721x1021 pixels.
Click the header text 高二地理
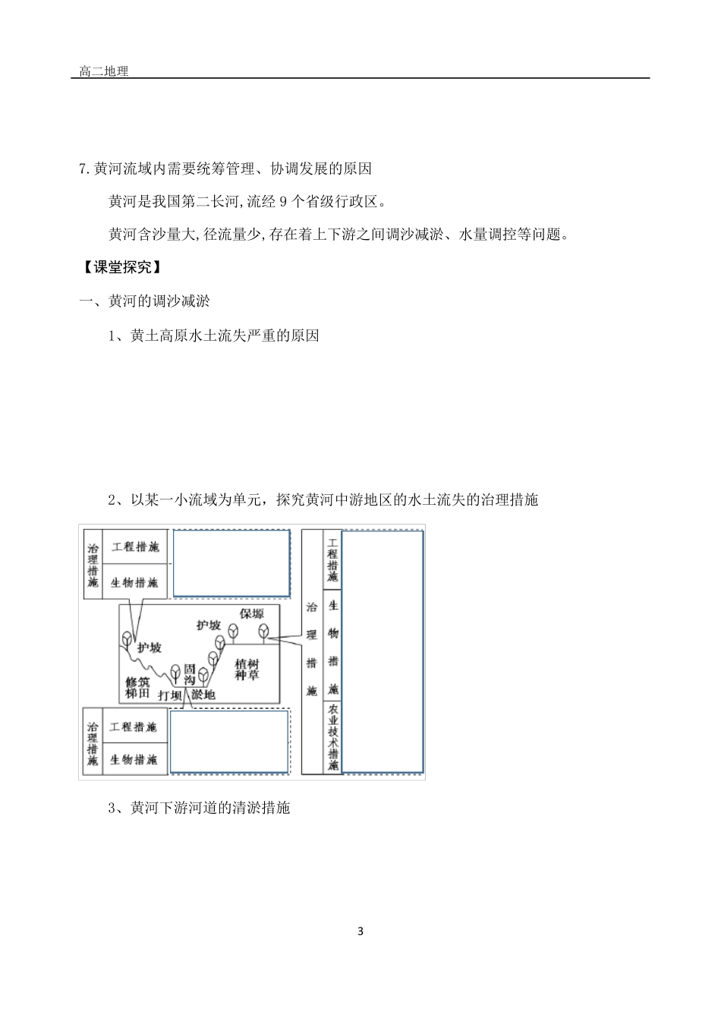(104, 71)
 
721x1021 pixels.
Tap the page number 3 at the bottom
(360, 931)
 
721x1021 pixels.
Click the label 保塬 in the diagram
(252, 614)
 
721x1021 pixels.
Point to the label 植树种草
(247, 669)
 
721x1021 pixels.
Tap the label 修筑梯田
(138, 687)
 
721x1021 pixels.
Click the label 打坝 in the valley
(170, 695)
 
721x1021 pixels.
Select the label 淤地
(203, 695)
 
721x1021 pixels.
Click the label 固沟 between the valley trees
(190, 675)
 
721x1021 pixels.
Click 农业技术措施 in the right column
(332, 738)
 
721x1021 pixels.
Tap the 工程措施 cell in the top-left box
(135, 547)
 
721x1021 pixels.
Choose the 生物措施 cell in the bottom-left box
(134, 759)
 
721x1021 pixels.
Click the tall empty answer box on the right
(382, 651)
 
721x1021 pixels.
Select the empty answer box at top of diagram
(231, 563)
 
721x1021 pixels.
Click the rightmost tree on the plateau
(263, 631)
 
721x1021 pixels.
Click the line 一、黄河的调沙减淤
(145, 301)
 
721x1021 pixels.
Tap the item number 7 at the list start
(83, 169)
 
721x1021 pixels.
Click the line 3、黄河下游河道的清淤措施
(200, 808)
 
